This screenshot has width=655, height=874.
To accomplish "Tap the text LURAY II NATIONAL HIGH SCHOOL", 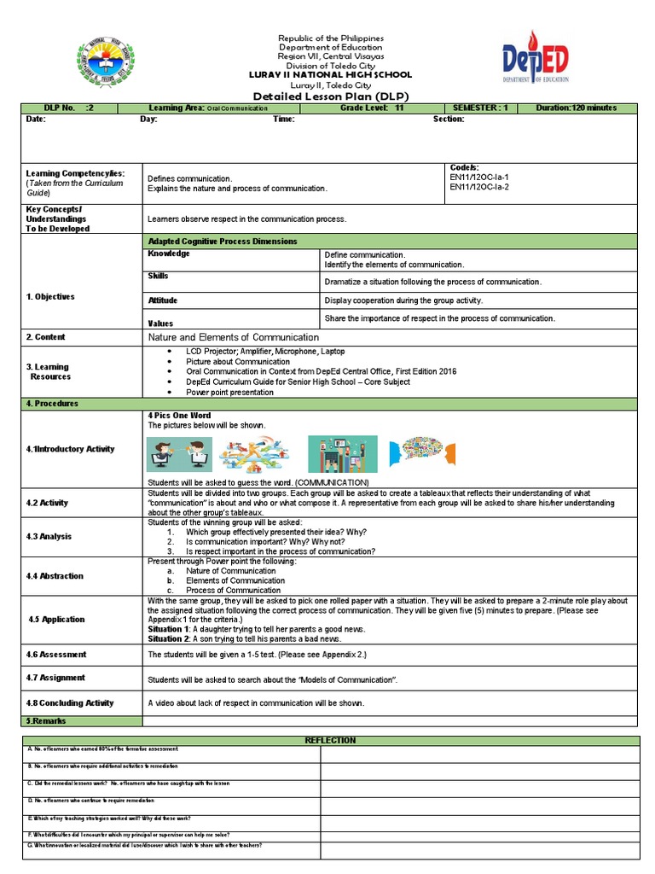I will coord(327,75).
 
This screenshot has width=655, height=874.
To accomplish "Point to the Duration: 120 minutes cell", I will coord(576,108).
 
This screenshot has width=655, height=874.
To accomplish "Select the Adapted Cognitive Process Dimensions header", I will coord(223,242).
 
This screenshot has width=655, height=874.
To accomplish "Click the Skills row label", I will coord(159,277).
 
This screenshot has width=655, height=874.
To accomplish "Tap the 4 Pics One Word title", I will coord(179,415).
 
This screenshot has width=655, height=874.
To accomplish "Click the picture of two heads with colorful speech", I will coord(423,456).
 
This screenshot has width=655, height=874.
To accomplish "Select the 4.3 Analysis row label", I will coord(49,537).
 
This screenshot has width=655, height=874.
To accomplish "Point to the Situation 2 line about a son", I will coord(245,638).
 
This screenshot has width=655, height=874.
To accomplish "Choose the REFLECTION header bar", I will coord(330,740).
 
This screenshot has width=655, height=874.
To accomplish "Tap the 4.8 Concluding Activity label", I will coord(69,703).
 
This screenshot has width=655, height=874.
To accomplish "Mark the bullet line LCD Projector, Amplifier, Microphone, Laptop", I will coord(265,352).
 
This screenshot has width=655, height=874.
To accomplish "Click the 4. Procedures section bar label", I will coord(52,403).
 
